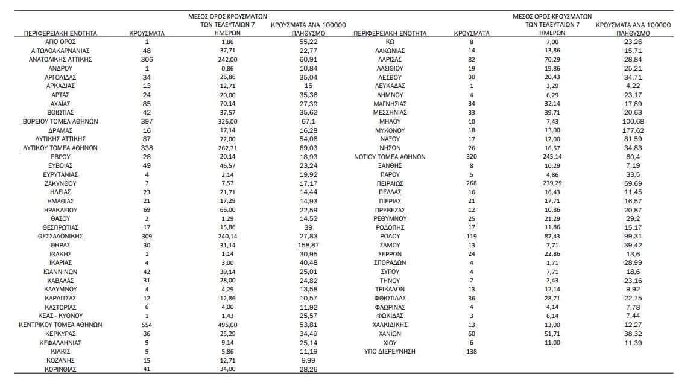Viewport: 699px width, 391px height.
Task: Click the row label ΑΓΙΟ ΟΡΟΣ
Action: click(60, 42)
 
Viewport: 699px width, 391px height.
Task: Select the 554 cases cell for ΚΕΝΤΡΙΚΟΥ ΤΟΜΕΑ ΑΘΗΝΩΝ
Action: click(147, 325)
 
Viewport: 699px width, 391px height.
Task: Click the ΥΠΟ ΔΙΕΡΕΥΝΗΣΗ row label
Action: click(390, 351)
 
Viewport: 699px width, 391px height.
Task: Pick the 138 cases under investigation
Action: click(471, 351)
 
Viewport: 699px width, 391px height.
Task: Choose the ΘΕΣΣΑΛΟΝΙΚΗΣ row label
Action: click(60, 236)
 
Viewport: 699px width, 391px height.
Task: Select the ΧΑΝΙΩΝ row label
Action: click(390, 334)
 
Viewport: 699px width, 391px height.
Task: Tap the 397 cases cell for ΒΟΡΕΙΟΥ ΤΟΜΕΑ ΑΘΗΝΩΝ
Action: click(147, 121)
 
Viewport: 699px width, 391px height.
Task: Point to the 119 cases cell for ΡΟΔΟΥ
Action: click(471, 236)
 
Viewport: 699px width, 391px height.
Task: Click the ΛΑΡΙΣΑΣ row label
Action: click(390, 60)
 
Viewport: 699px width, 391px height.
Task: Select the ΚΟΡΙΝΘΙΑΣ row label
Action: click(60, 369)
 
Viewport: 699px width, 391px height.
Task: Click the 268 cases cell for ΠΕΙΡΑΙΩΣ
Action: click(471, 183)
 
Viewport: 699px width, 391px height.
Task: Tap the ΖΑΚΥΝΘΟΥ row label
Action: click(60, 183)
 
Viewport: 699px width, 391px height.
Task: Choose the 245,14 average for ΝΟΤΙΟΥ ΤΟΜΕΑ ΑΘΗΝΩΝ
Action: click(552, 157)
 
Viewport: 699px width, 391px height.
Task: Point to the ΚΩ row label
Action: click(390, 42)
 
